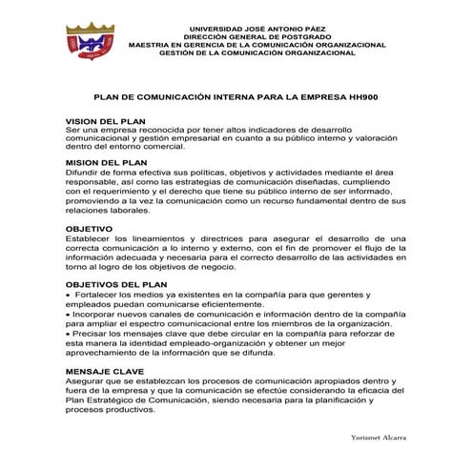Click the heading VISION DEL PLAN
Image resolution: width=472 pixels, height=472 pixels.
point(104,122)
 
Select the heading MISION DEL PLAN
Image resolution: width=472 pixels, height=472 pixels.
point(105,163)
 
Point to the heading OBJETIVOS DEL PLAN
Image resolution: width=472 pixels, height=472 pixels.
point(115,285)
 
